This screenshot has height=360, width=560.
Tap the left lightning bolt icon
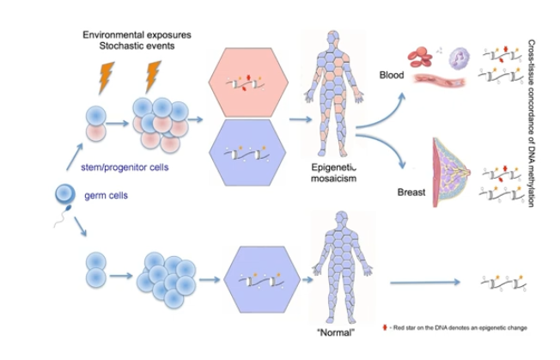pos(107,78)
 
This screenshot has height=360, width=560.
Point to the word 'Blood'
pos(391,75)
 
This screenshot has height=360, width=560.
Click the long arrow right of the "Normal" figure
pos(424,282)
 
